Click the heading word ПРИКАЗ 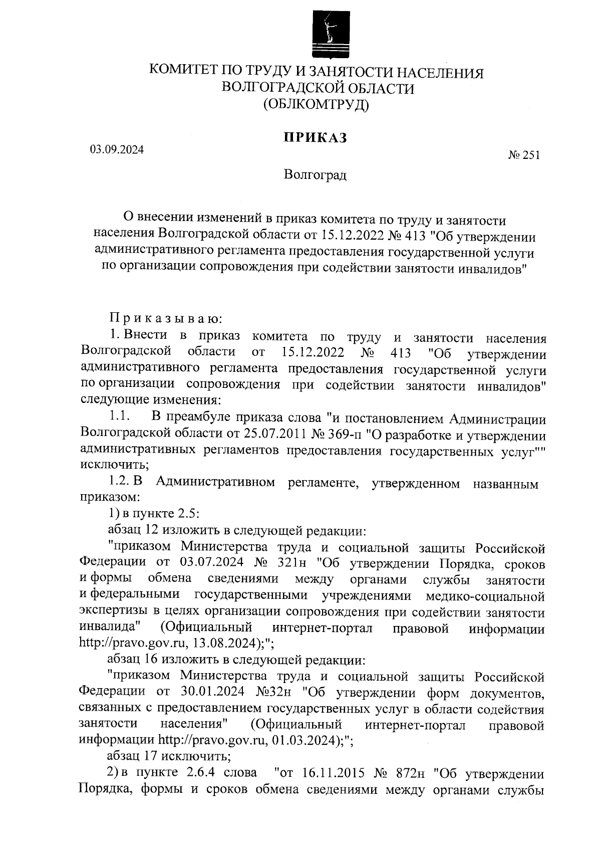coord(316,138)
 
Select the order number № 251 coord(524,156)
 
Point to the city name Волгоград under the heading coord(315,175)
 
